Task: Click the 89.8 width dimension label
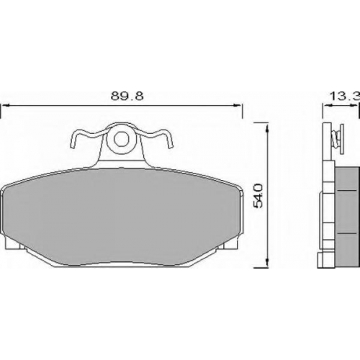(x=127, y=96)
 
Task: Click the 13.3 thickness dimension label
(x=345, y=96)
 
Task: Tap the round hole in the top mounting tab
(x=120, y=140)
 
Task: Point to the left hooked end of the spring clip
(x=73, y=143)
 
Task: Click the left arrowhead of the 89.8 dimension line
(x=6, y=105)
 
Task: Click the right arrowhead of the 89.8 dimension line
(x=237, y=105)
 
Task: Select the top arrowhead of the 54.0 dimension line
(x=266, y=127)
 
